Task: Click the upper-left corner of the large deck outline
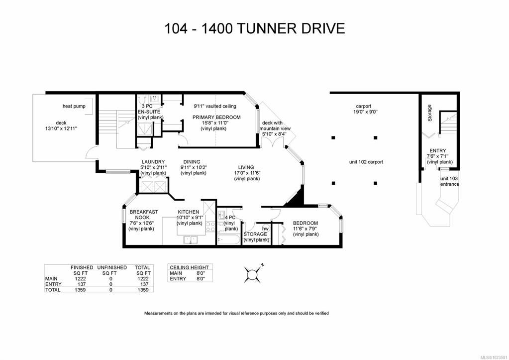coord(33,95)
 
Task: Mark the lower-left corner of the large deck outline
coord(33,161)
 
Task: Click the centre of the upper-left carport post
coord(333,138)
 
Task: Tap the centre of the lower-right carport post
coord(375,183)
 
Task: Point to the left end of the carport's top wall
coord(330,93)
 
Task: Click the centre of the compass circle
coord(252,274)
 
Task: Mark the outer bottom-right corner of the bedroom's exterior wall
coord(342,247)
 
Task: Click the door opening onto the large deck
coord(93,153)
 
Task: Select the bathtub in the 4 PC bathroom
coord(229,240)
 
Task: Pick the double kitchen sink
coord(191,240)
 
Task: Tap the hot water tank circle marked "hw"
coord(266,229)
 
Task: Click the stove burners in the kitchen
coord(210,227)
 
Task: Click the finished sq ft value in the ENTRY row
coord(81,284)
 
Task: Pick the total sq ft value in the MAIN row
coord(143,279)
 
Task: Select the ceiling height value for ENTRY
coord(201,279)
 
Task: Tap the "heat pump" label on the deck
coord(74,106)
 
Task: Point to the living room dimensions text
coord(247,173)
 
